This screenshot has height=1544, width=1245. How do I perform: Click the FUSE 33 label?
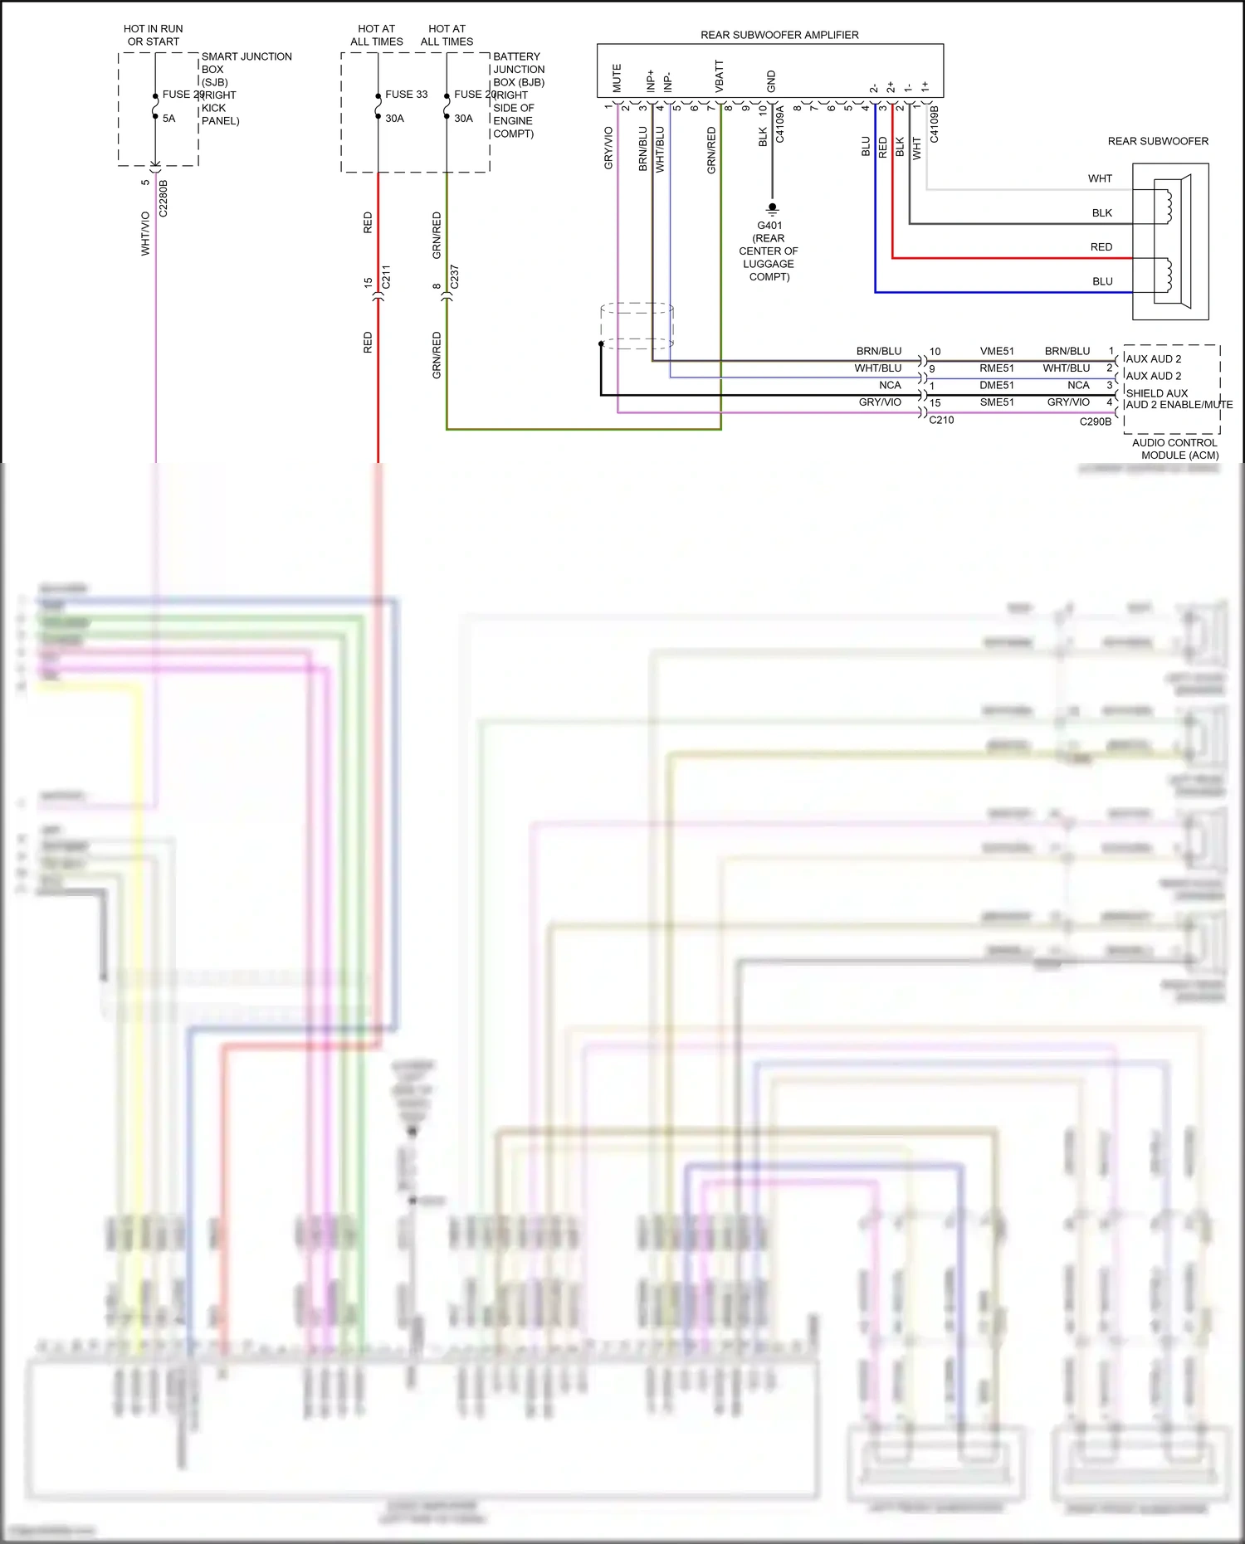[406, 95]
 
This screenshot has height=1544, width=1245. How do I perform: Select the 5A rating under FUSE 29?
[168, 119]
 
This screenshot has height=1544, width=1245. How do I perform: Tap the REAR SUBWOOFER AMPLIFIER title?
[779, 35]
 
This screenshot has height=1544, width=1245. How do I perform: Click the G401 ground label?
[769, 226]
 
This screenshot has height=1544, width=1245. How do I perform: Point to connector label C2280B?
[164, 198]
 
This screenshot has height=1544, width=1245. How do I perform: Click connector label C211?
[386, 277]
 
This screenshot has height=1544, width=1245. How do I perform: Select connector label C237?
[454, 277]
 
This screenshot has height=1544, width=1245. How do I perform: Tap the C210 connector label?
[941, 420]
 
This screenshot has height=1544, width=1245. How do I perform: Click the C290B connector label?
[1095, 421]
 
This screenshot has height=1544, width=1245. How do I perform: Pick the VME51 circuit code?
[996, 351]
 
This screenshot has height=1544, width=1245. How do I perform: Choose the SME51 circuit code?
[996, 402]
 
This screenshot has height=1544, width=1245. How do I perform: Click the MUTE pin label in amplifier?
[617, 78]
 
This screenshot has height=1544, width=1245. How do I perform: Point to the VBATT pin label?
[720, 75]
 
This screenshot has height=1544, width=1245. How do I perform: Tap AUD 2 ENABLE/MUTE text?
[1179, 405]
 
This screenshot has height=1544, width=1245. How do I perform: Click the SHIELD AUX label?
[1156, 393]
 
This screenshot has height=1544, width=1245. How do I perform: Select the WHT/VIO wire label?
[146, 233]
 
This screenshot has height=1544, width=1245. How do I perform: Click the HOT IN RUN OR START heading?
[154, 35]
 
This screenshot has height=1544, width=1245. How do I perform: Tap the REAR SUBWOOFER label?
[1158, 141]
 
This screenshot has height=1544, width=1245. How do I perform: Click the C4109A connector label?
[780, 124]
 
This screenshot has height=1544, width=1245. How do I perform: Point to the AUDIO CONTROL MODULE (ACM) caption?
[1174, 449]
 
